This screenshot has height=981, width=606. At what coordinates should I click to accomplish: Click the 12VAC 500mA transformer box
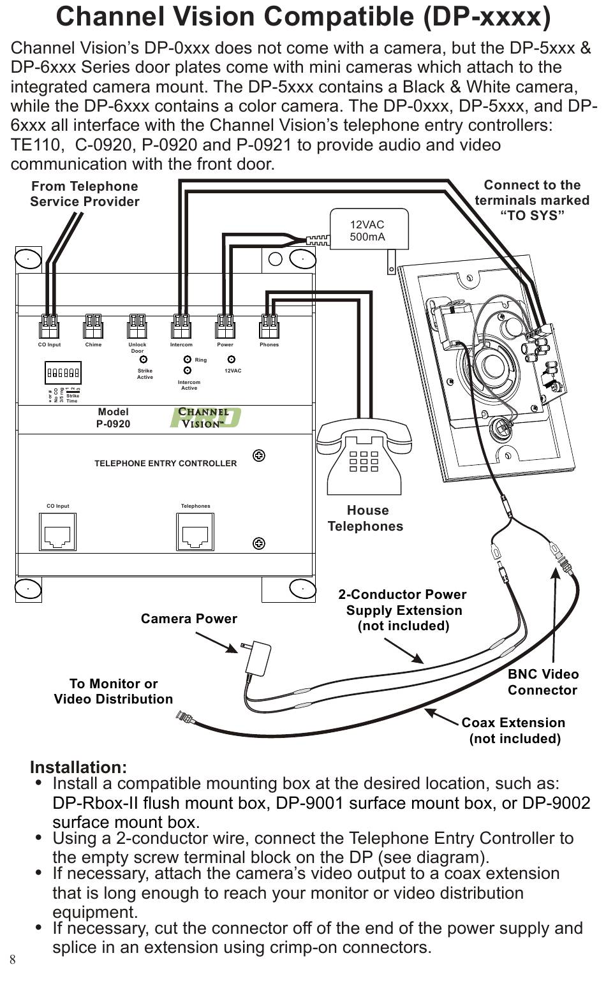(368, 231)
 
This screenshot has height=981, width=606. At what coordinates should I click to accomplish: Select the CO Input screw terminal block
(49, 327)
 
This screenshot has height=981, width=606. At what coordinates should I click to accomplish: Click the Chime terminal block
(93, 327)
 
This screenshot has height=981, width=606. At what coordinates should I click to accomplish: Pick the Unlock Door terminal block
(137, 327)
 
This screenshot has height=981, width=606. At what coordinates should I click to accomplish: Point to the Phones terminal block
(269, 327)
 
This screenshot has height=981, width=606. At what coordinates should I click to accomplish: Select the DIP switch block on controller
(63, 372)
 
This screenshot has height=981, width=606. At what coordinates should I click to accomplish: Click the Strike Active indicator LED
(144, 360)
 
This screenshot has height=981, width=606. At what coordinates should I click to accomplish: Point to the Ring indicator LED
(188, 360)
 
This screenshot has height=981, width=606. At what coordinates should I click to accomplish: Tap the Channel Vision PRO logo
(204, 418)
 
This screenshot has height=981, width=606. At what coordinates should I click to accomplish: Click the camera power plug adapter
(258, 658)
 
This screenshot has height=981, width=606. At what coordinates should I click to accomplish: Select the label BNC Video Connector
(543, 682)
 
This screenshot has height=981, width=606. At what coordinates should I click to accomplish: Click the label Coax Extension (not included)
(514, 730)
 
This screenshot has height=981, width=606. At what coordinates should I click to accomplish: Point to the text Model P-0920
(113, 418)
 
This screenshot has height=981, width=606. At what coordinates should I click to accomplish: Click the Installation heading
(78, 767)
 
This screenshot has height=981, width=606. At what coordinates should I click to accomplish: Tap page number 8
(13, 959)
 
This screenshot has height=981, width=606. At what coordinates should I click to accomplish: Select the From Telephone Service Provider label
(85, 194)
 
